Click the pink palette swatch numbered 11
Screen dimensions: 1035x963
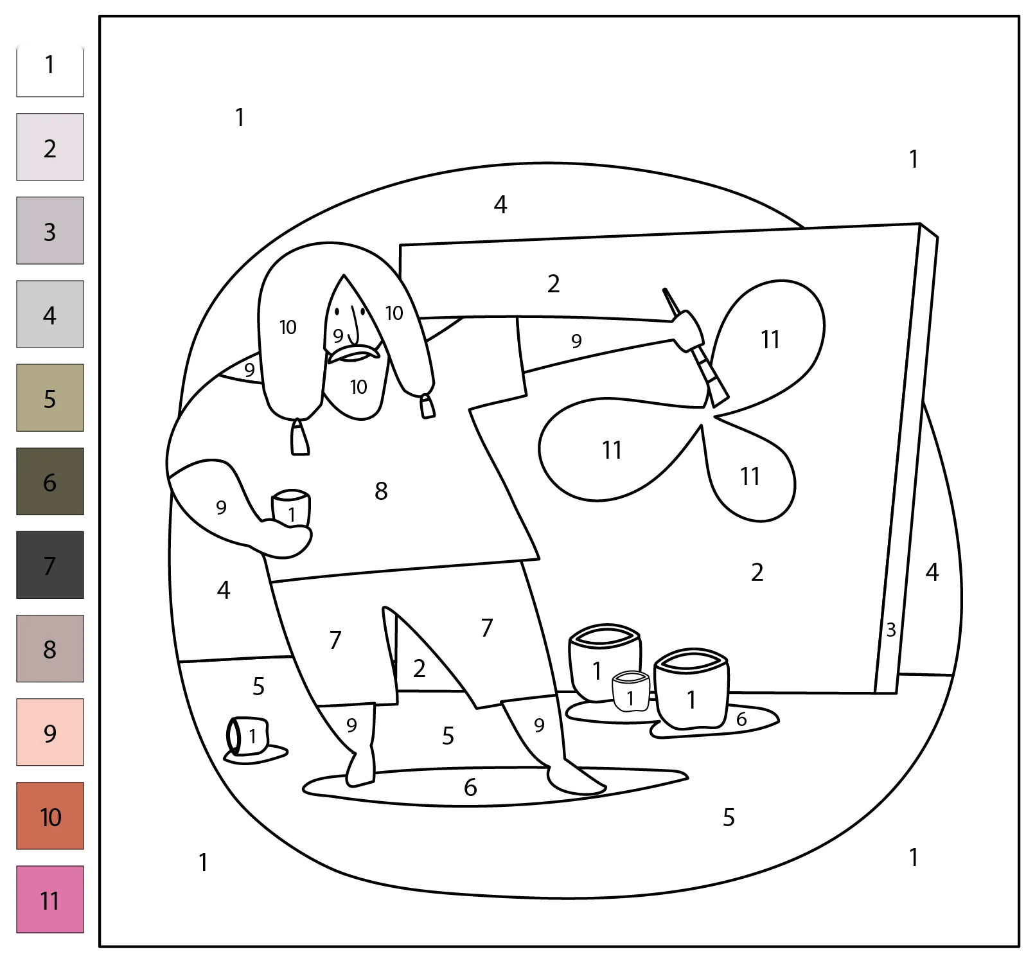[50, 899]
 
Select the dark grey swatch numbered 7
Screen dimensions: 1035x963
[50, 565]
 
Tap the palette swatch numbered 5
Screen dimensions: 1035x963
[50, 398]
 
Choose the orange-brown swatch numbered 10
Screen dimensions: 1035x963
[50, 815]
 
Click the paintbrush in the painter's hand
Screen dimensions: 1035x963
[696, 348]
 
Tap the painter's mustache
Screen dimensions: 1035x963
[354, 353]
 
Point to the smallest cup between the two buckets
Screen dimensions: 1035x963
[631, 691]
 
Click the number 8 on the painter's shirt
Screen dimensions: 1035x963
[381, 491]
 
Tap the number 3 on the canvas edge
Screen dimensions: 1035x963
[891, 630]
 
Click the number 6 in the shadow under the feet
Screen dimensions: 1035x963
[470, 787]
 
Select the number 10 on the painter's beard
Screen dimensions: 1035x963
[358, 387]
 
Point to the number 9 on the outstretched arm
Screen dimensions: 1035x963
[576, 341]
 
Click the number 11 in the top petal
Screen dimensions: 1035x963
[770, 339]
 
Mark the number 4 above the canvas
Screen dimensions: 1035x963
[500, 204]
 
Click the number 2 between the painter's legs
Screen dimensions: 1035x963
[420, 669]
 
